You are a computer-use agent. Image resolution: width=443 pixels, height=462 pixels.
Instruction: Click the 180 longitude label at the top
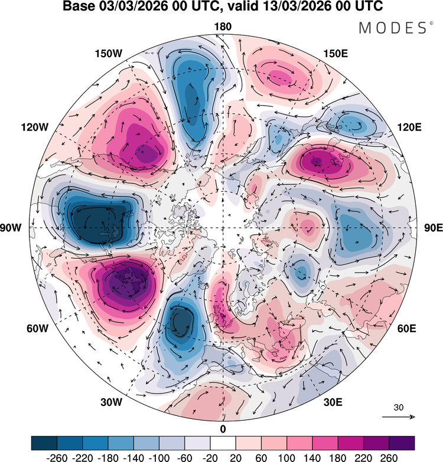tap(223, 27)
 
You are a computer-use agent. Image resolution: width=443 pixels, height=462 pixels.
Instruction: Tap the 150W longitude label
tap(109, 54)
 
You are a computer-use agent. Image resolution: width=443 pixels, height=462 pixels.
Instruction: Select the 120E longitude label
tap(409, 127)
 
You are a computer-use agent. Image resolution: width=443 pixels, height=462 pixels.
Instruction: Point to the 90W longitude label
tap(11, 228)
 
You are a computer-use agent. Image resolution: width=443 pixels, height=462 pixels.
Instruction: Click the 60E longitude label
tap(407, 328)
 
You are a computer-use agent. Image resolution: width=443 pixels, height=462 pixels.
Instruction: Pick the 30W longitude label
tap(111, 402)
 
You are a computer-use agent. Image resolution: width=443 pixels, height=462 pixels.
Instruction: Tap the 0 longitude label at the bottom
tap(223, 430)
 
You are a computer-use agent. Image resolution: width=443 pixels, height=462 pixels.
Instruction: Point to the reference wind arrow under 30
tap(399, 417)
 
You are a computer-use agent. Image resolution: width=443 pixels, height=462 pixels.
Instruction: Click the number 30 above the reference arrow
tap(399, 408)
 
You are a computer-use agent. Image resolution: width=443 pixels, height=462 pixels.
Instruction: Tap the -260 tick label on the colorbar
tap(57, 458)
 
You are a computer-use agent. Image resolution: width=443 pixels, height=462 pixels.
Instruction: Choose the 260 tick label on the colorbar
tap(389, 458)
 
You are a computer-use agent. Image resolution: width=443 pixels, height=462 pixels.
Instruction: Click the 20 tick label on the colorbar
tap(236, 458)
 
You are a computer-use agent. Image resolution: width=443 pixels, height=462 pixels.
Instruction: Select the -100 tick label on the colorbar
tap(159, 458)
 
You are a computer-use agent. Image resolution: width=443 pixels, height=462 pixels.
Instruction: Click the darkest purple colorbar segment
tap(402, 443)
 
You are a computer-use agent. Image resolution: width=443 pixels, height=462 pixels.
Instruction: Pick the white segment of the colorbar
tap(223, 443)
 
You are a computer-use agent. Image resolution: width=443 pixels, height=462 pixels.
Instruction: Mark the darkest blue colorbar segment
tap(44, 443)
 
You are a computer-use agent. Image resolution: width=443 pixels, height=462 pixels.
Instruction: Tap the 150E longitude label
tap(335, 54)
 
